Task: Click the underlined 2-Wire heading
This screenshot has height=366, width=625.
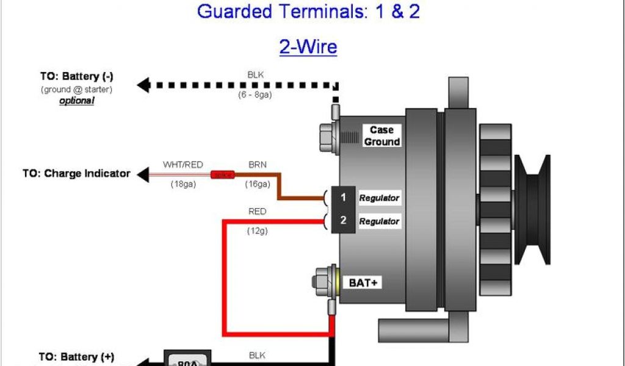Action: click(x=308, y=46)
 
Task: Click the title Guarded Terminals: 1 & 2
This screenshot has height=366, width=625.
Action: click(x=308, y=11)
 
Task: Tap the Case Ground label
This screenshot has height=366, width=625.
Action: click(x=382, y=136)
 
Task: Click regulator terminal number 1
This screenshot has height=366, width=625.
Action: click(x=344, y=198)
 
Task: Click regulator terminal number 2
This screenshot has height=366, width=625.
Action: click(x=344, y=221)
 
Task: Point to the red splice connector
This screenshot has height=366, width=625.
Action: click(x=223, y=174)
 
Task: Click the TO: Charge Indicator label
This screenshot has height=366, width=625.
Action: click(x=76, y=173)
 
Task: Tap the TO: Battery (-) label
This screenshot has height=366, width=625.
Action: click(x=77, y=77)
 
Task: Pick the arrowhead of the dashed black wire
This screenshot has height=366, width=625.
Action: click(x=143, y=85)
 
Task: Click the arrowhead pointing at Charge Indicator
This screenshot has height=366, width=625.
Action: click(x=142, y=175)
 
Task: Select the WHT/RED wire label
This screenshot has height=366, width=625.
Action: click(x=182, y=165)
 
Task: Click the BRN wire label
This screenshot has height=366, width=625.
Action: click(x=257, y=165)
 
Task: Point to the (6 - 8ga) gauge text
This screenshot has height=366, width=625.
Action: click(x=256, y=95)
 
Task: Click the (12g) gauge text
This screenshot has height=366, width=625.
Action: click(x=257, y=231)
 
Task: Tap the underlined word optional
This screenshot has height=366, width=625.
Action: click(x=76, y=101)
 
